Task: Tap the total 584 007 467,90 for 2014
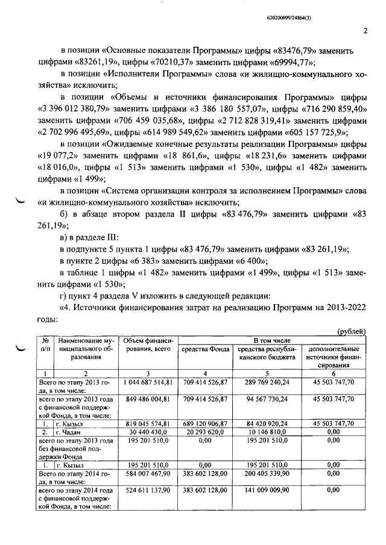tap(148, 475)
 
